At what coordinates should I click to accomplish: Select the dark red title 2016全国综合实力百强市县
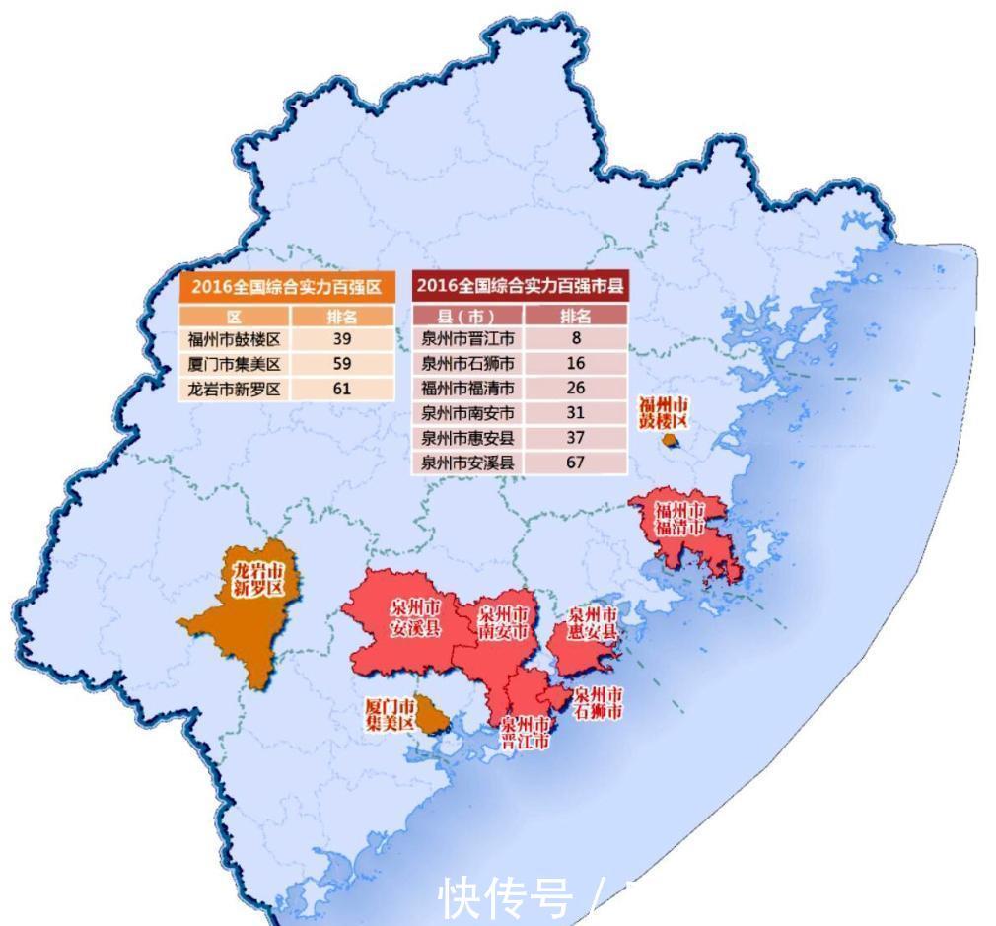pyautogui.click(x=520, y=287)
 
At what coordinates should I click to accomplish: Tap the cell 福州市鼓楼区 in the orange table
pyautogui.click(x=235, y=339)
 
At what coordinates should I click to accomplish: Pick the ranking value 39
pyautogui.click(x=342, y=339)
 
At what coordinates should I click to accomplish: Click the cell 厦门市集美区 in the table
pyautogui.click(x=235, y=364)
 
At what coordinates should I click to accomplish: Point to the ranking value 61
pyautogui.click(x=342, y=389)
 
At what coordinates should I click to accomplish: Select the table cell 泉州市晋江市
pyautogui.click(x=467, y=339)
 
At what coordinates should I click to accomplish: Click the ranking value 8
pyautogui.click(x=576, y=339)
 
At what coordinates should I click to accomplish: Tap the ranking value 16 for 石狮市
pyautogui.click(x=576, y=364)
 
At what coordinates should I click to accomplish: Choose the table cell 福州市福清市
pyautogui.click(x=467, y=389)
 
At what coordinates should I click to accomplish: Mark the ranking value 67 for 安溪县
pyautogui.click(x=576, y=462)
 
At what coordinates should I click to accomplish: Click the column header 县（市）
pyautogui.click(x=467, y=316)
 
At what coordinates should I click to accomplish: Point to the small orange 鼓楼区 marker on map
pyautogui.click(x=670, y=442)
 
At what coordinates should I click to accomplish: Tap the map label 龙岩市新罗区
pyautogui.click(x=257, y=580)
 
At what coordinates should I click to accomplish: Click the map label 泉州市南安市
pyautogui.click(x=503, y=622)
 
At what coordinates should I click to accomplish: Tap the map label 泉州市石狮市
pyautogui.click(x=598, y=703)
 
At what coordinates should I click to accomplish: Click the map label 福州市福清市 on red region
pyautogui.click(x=680, y=519)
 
